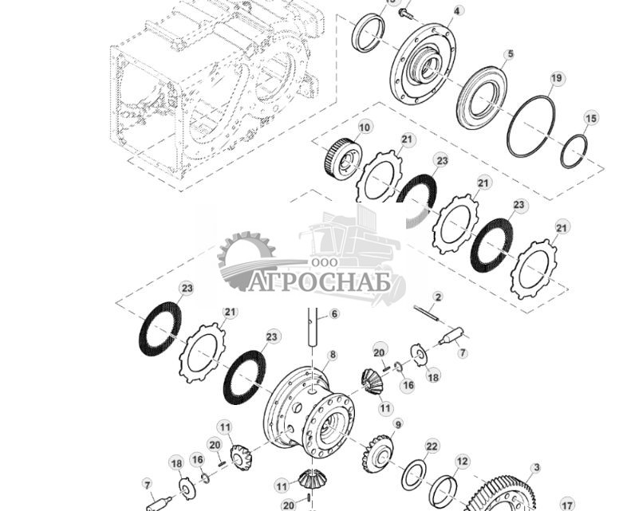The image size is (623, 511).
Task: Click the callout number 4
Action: coord(457,11)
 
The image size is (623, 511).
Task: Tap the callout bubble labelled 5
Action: coord(509,54)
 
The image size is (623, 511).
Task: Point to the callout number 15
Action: coord(590,119)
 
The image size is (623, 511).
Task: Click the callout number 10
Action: coord(365,127)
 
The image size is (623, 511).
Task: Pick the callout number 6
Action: coord(334,314)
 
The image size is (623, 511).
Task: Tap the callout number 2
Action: coord(438,297)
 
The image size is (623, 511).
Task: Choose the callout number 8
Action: coord(332,355)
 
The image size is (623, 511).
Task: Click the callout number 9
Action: coord(398,423)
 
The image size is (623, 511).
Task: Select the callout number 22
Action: coord(432,446)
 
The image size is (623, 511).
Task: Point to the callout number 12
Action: coord(463,461)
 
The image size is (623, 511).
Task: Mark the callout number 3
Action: coord(536,468)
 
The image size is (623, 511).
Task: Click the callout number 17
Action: coord(566,505)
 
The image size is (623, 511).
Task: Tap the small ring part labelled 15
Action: coord(574,151)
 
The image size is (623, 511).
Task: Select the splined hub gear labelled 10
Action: coord(343,159)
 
